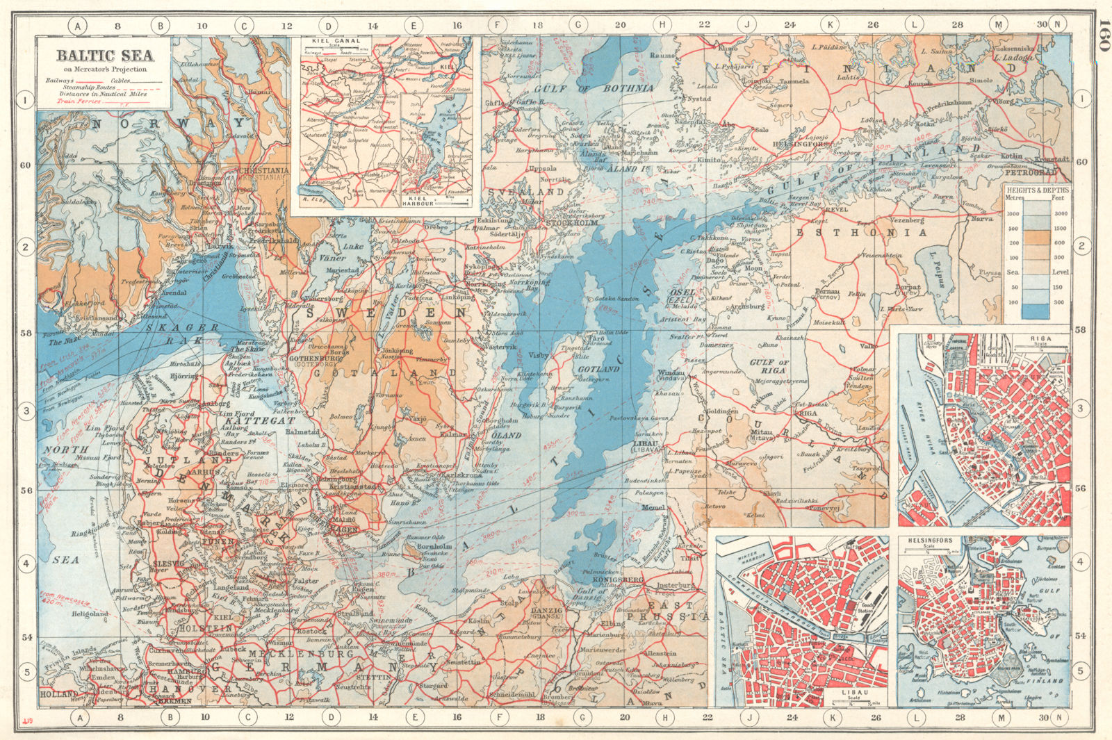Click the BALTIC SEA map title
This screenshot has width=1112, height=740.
(x=104, y=56)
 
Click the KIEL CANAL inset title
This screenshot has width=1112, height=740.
(x=338, y=41)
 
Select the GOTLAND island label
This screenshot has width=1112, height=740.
(x=599, y=369)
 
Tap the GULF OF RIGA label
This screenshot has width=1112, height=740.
(x=769, y=366)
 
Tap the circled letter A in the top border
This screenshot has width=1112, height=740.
(x=79, y=26)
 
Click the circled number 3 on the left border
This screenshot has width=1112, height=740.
(x=26, y=411)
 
